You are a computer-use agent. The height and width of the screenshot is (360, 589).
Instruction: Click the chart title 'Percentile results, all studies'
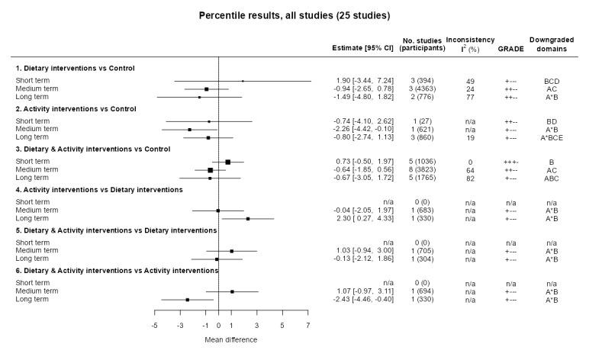click(x=294, y=14)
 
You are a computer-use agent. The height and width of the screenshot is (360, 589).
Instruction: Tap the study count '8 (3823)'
click(x=423, y=169)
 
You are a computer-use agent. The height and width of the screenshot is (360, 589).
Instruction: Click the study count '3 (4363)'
click(x=423, y=88)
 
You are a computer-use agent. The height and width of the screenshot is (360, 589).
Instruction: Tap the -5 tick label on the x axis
click(x=154, y=325)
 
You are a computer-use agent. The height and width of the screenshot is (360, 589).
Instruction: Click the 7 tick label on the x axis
click(x=308, y=325)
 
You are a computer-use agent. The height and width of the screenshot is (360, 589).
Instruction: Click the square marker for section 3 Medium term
click(x=211, y=169)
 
